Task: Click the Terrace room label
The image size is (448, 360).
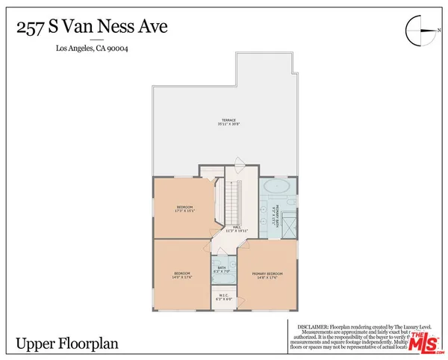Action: click(228, 121)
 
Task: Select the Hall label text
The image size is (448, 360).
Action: click(236, 229)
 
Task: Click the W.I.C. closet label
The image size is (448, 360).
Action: click(224, 297)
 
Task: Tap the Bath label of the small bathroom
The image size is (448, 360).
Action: click(222, 268)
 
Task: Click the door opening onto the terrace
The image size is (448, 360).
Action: click(239, 166)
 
